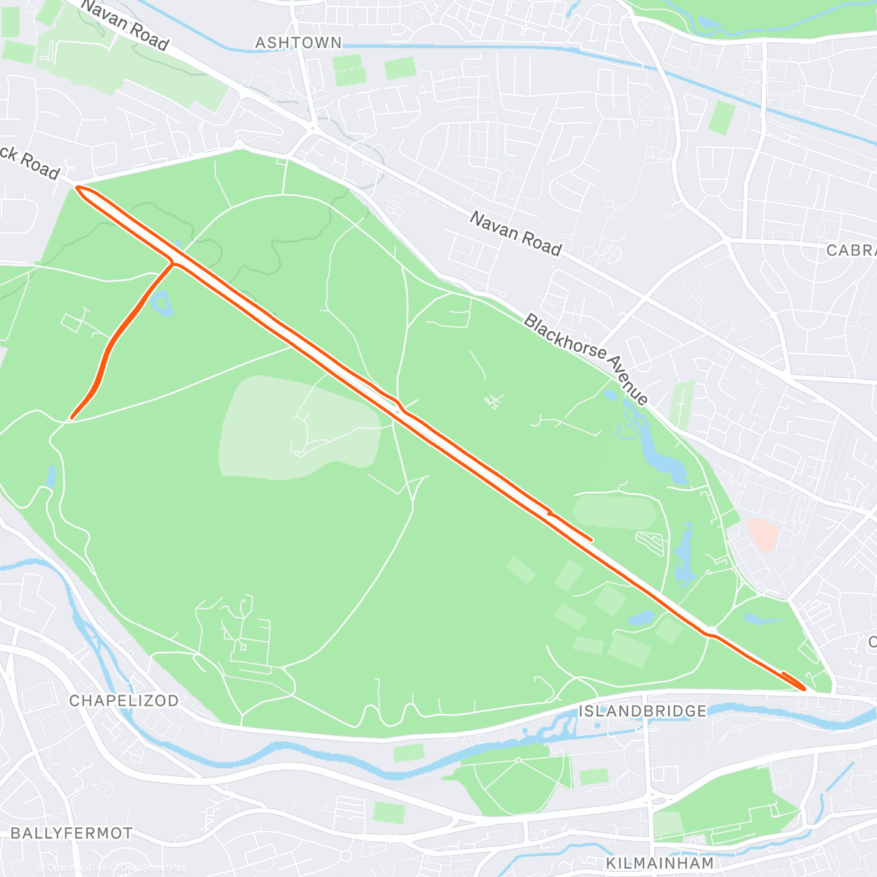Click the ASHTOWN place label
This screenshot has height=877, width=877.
pyautogui.click(x=298, y=43)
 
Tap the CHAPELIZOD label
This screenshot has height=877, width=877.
pyautogui.click(x=124, y=701)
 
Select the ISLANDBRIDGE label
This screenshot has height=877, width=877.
pyautogui.click(x=642, y=711)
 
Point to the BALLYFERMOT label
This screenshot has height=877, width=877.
pyautogui.click(x=72, y=833)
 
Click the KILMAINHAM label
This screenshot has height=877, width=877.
pyautogui.click(x=660, y=863)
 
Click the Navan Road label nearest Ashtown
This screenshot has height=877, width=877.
pyautogui.click(x=124, y=25)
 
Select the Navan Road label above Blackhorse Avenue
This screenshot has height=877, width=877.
pyautogui.click(x=515, y=234)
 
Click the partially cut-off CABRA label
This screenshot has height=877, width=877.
pyautogui.click(x=851, y=251)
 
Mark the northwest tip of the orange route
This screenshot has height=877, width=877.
pyautogui.click(x=77, y=189)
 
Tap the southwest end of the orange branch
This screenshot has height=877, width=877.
pyautogui.click(x=72, y=418)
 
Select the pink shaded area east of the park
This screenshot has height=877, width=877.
pyautogui.click(x=762, y=535)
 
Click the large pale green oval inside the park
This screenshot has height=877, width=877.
pyautogui.click(x=300, y=428)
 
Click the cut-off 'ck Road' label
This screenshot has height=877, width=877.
pyautogui.click(x=29, y=162)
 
